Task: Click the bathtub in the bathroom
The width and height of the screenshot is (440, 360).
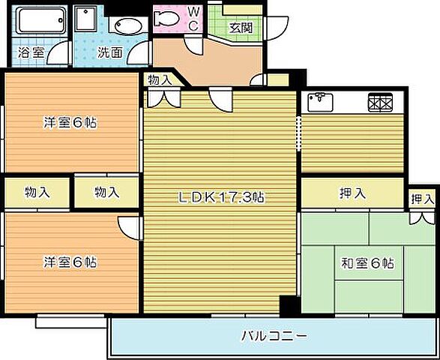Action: click(38, 21)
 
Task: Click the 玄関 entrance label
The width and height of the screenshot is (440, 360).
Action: click(240, 28)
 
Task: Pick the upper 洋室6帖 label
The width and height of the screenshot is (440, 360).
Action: click(69, 123)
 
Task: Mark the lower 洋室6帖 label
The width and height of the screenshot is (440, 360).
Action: click(69, 262)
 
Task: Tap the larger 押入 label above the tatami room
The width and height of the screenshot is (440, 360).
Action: click(352, 193)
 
